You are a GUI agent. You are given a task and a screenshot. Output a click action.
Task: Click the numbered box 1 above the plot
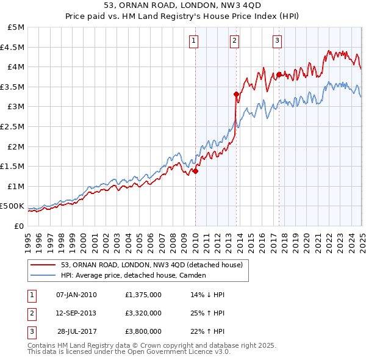pyautogui.click(x=193, y=41)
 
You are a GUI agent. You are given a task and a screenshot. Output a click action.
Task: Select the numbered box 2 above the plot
pyautogui.click(x=234, y=41)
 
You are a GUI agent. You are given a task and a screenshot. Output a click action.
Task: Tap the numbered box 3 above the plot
pyautogui.click(x=277, y=41)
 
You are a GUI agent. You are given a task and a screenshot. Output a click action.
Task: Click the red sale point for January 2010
pyautogui.click(x=196, y=171)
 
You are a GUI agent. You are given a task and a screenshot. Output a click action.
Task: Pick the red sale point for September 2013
pyautogui.click(x=236, y=94)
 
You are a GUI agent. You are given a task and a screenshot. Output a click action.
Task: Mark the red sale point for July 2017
pyautogui.click(x=279, y=74)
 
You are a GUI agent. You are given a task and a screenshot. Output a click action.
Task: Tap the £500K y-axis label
pyautogui.click(x=13, y=206)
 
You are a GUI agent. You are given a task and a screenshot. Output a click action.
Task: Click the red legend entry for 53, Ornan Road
pyautogui.click(x=152, y=265)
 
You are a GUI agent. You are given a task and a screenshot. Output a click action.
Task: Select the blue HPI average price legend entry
pyautogui.click(x=135, y=275)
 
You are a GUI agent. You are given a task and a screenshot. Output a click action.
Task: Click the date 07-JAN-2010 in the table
pyautogui.click(x=76, y=295)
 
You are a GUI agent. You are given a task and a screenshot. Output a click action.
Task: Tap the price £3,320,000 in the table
pyautogui.click(x=142, y=313)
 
